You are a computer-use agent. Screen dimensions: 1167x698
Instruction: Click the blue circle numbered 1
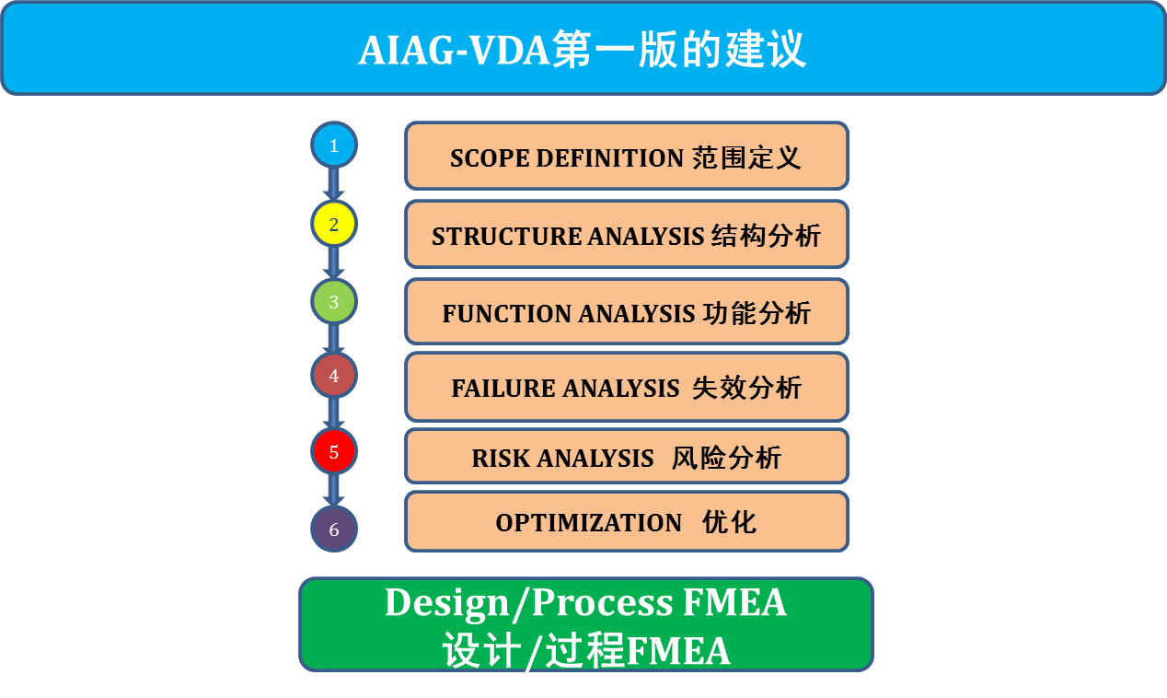point(334,145)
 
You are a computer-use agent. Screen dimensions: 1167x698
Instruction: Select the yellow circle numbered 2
point(334,224)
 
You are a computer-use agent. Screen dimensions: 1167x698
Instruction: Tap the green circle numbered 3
point(334,301)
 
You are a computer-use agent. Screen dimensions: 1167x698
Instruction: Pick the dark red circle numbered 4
point(334,376)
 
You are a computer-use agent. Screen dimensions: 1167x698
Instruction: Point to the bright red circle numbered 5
point(334,451)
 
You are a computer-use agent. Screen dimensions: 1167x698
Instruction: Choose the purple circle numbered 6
point(334,529)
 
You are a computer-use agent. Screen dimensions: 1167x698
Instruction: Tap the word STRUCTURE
point(506,236)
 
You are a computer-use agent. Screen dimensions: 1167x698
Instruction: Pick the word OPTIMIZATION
point(589,523)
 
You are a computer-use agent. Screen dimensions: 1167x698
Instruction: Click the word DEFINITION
point(609,158)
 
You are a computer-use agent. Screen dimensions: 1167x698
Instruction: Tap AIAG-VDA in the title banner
point(454,51)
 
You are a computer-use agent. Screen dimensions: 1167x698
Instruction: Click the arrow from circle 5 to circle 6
point(334,490)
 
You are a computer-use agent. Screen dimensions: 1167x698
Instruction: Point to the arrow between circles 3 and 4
point(334,338)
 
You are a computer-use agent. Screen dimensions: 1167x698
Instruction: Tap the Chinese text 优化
point(729,522)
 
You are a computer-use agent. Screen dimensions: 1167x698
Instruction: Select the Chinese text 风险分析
point(726,458)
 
